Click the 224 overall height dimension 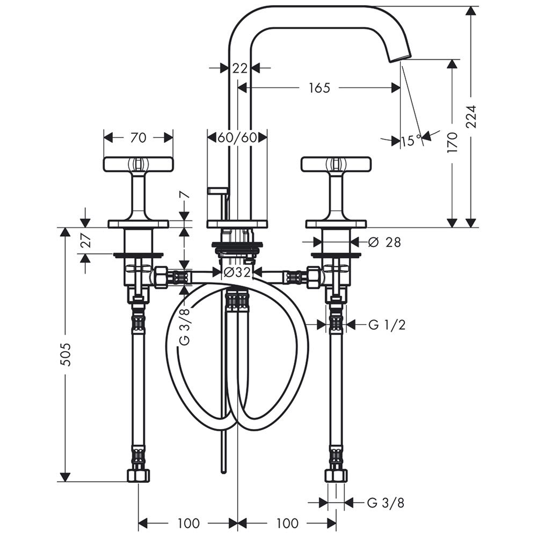coord(472,117)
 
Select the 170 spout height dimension coord(452,142)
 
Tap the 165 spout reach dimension coord(320,88)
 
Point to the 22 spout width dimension coord(240,68)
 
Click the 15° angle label coord(411,140)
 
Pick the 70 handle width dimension coord(139,137)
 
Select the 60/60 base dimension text coord(237,137)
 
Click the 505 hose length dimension coord(65,354)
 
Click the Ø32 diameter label coord(237,273)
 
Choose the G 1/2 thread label coord(387,324)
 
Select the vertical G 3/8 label coord(185,326)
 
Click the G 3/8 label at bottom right coord(386,503)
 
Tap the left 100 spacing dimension coord(188,523)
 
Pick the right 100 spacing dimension coord(287,523)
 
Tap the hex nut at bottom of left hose coord(139,475)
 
